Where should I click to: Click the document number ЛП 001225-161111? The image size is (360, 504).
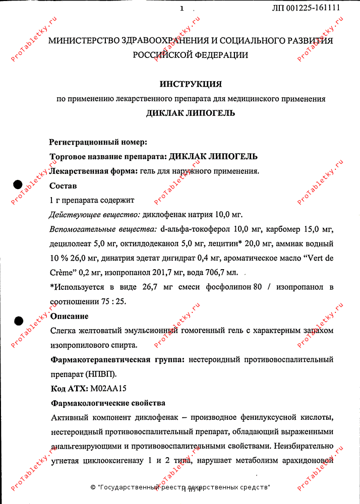306,8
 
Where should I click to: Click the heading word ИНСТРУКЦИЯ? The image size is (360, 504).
191,84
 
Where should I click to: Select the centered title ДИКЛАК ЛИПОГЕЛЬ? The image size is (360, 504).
191,113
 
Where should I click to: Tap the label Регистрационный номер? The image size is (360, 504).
98,142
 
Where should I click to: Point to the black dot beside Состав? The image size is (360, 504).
18,184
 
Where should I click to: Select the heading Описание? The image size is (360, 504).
70,317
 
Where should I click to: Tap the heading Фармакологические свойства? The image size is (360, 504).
108,404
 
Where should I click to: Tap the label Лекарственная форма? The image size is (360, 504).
93,171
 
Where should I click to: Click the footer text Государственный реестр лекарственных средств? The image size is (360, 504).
185,487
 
